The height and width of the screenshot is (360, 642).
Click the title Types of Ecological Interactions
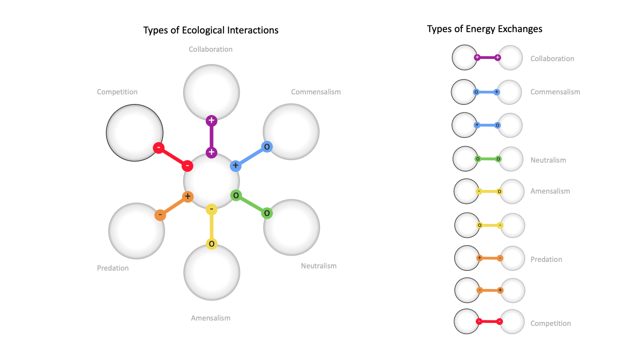click(x=211, y=30)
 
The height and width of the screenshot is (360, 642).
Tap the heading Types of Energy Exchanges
click(x=485, y=29)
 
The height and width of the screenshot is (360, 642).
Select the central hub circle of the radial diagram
click(x=211, y=181)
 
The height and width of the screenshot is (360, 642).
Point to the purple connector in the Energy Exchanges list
click(x=487, y=58)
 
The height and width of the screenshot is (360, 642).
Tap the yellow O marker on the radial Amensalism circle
click(x=212, y=244)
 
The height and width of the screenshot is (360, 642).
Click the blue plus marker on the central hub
click(x=235, y=166)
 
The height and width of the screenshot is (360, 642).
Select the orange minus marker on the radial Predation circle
click(x=160, y=215)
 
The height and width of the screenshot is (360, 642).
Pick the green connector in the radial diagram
click(x=251, y=204)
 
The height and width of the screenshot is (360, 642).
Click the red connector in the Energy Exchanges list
click(x=489, y=322)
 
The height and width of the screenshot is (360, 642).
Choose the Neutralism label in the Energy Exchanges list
click(x=548, y=160)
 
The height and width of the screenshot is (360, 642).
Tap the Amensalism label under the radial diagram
click(x=210, y=318)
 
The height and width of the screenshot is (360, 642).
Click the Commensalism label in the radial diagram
click(x=316, y=92)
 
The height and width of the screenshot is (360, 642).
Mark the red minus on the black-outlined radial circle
click(x=159, y=148)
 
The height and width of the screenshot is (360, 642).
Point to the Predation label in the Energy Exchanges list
click(x=546, y=259)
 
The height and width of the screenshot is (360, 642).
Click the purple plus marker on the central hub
click(x=211, y=152)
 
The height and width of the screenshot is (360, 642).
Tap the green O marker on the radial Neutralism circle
click(x=267, y=213)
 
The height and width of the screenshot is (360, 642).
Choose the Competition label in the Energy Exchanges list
click(x=550, y=323)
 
